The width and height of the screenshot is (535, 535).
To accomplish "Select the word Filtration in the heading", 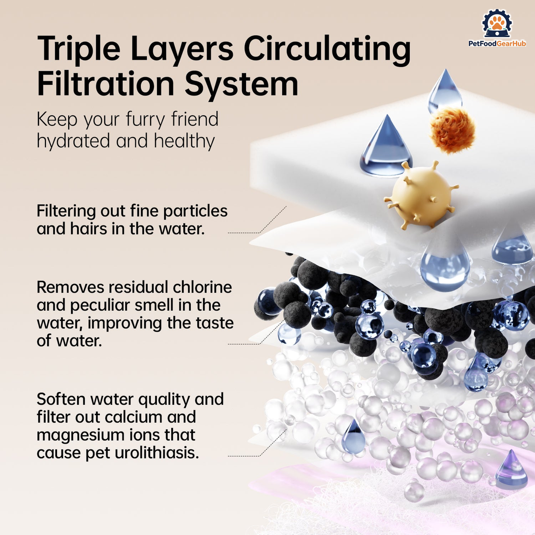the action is (x=106, y=82).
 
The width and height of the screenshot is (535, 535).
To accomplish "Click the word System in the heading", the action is (x=242, y=85).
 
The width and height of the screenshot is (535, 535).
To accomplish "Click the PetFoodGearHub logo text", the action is (x=497, y=43).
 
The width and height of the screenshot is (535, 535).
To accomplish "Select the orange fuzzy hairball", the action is (x=453, y=130).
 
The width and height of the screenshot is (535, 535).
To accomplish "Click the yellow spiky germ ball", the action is (x=420, y=195).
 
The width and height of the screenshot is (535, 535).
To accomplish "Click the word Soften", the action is (x=62, y=399).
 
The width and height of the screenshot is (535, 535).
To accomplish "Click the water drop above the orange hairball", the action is (x=445, y=92).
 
